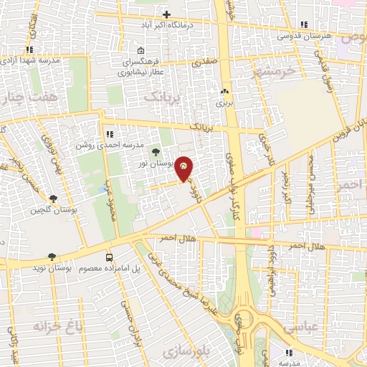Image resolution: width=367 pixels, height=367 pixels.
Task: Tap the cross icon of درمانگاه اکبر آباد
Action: point(167,14)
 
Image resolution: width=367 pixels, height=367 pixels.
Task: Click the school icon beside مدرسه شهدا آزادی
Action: point(29,49)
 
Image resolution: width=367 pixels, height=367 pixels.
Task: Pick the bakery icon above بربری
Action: point(226,92)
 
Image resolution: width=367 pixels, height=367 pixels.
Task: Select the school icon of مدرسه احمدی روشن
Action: point(109,133)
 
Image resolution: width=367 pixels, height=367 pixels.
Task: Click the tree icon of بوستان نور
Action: point(156,151)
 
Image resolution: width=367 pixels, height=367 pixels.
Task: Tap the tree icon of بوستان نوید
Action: point(52,256)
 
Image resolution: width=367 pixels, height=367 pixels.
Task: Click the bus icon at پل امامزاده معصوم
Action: point(109,257)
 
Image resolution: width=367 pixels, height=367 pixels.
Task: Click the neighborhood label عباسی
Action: point(297,326)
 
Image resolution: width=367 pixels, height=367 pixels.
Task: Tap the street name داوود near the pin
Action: point(191,188)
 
